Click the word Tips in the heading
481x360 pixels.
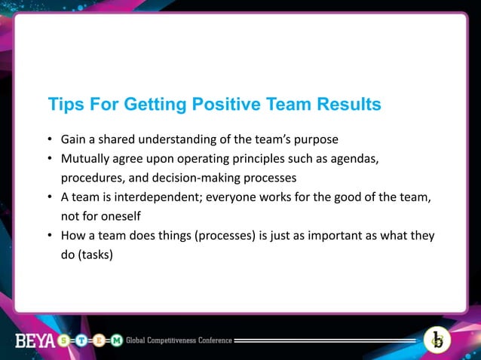[63, 104]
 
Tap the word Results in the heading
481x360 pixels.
[343, 104]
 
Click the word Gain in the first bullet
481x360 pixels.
[74, 140]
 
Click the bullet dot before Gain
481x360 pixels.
[51, 141]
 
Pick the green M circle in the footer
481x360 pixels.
[117, 340]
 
